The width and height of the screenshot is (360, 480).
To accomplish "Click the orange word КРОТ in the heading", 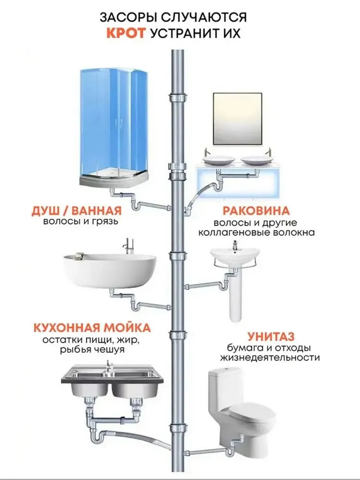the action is coord(126,33).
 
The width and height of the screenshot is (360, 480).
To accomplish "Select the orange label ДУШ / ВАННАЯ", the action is coord(76,211).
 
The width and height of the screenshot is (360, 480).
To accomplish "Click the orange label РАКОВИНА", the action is coord(256,211).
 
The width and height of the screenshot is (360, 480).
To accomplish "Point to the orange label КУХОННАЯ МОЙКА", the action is coord(92,327).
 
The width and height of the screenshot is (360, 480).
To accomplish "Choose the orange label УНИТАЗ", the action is coord(271,336).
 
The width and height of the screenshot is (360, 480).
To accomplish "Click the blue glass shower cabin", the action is coord(114,125).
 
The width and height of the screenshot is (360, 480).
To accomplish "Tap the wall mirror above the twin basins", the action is coord(238,119).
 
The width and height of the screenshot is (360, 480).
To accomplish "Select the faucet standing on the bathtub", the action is coord(126,247).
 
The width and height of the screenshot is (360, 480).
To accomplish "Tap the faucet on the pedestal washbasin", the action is coord(235,245).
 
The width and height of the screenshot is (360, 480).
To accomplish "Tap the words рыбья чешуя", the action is coord(92,349).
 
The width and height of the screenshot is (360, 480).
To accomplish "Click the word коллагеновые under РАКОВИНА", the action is coord(226,233).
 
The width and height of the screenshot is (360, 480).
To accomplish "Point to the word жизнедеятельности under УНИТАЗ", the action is coord(270,357).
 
